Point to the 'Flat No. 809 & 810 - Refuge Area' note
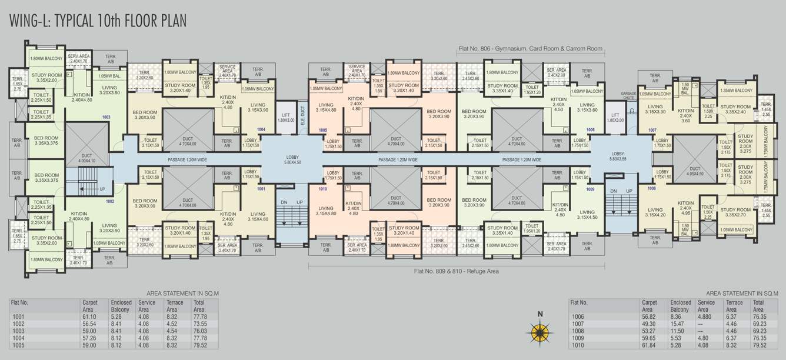coord(456,271)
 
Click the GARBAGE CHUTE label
coord(629,96)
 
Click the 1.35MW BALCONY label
coord(736,91)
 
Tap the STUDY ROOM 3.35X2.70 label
coord(735,212)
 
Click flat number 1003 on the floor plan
coord(106,117)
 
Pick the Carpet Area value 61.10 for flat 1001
coord(89,316)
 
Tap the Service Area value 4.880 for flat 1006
coord(704,316)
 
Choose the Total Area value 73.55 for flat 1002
coord(199,324)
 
